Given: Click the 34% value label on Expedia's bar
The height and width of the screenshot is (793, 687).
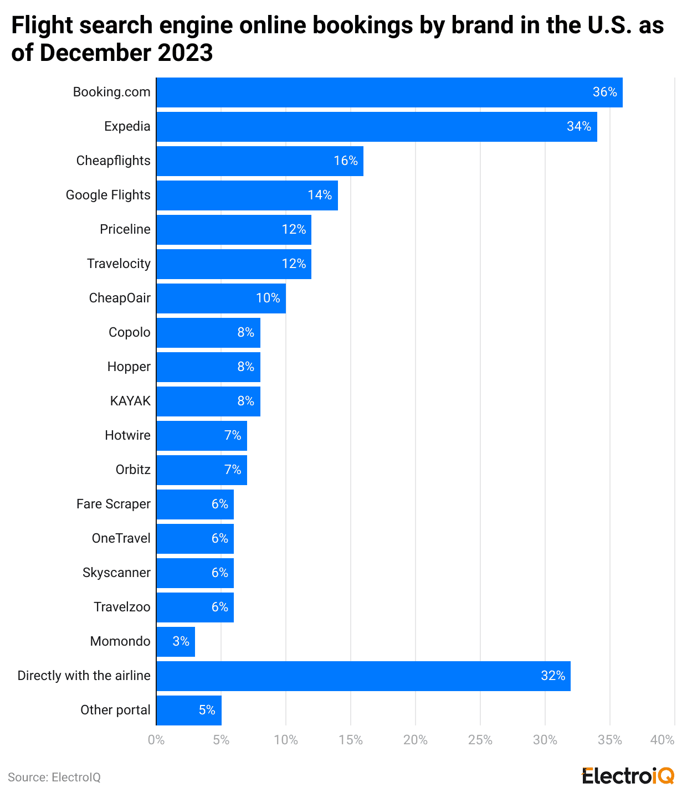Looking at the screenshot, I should pos(578,127).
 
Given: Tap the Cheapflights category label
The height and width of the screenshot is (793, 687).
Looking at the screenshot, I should pos(113,161).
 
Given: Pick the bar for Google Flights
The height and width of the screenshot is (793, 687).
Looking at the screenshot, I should pos(247,195).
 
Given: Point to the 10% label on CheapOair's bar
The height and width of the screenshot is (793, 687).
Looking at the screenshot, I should pos(268,298).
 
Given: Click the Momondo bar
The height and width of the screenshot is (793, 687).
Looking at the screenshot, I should pos(176,642).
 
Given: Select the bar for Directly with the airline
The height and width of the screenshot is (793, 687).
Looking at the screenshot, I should pos(363,676).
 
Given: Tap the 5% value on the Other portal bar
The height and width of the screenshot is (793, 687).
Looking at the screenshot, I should pos(207,710).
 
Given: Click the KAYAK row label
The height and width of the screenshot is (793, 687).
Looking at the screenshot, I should pos(130,401).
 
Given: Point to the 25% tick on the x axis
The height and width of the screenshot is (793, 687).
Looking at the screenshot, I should pos(480,740).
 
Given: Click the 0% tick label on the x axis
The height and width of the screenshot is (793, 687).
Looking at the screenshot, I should pos(156,740).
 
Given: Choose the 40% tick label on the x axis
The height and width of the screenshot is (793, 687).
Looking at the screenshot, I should pos(662,740).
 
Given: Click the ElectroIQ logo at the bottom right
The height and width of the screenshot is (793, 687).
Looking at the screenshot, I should pos(628,776).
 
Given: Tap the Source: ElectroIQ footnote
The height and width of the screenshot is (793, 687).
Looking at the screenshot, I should pos(54,777).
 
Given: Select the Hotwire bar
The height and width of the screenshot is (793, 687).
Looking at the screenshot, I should pos(201,436).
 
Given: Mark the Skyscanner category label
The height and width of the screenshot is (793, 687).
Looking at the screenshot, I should pos(116,573).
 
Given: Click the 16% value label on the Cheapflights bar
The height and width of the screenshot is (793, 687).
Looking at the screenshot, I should pos(345,161).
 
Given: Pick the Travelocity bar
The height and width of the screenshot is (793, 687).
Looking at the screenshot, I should pos(233,264).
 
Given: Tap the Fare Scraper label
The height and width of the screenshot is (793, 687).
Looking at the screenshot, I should pos(113,504).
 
